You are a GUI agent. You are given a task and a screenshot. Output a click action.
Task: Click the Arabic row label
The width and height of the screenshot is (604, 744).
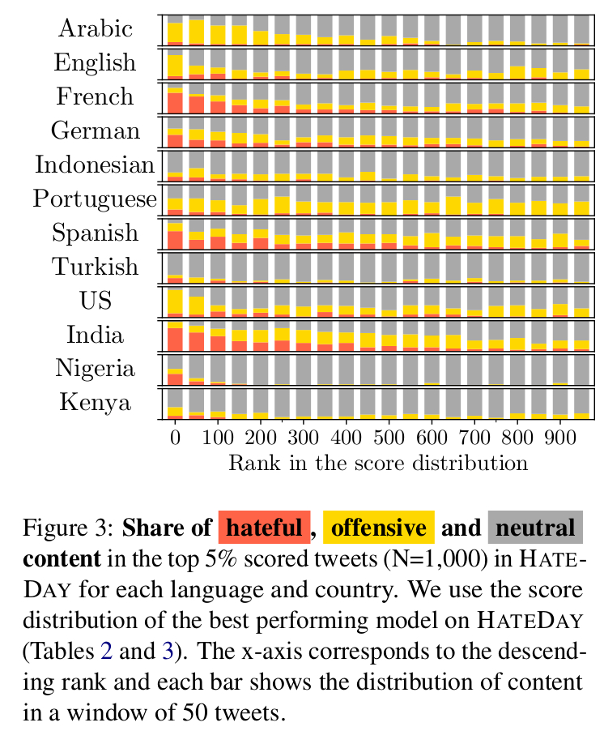click(x=95, y=29)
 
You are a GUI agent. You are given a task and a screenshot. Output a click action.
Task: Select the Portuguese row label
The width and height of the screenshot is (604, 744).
click(x=95, y=199)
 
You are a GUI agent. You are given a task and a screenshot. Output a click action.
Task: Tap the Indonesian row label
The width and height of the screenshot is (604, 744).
click(x=95, y=165)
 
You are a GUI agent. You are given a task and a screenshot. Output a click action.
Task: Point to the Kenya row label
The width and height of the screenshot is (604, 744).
click(x=95, y=403)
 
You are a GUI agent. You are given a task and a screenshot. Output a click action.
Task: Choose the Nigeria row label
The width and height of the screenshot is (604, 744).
click(x=95, y=369)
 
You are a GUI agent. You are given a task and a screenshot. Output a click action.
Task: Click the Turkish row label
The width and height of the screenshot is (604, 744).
click(x=95, y=267)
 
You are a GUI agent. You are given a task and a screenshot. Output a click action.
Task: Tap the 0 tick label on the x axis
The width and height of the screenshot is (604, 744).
click(x=175, y=438)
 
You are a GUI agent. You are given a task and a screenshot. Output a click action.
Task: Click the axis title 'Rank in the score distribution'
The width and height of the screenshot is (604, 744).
click(x=378, y=464)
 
